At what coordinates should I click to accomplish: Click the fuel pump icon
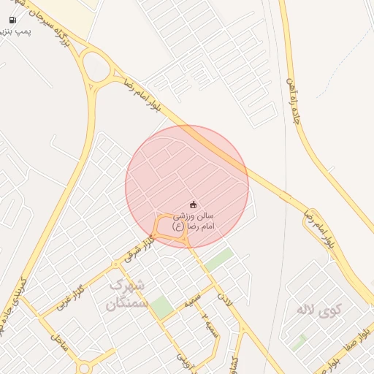tap(12, 20)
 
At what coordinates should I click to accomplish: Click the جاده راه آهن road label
tap(295, 104)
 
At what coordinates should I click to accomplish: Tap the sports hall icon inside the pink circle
tap(193, 204)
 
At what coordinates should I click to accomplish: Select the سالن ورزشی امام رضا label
tap(193, 221)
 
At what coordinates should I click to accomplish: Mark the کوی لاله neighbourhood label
tap(319, 310)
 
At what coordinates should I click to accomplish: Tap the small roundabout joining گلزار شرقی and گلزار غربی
tap(115, 264)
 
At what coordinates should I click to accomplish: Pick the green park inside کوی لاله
tap(299, 341)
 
